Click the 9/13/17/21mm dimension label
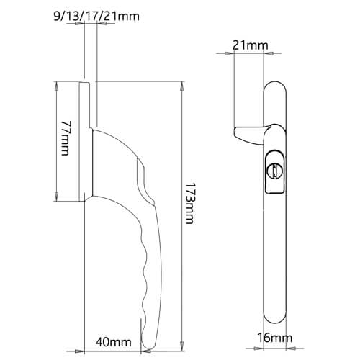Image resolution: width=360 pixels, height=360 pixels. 96,17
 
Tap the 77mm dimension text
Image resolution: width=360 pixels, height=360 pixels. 66,138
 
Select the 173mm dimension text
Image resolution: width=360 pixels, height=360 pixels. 189,203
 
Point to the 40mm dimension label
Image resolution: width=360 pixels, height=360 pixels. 114,342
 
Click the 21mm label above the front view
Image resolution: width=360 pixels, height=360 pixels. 251,45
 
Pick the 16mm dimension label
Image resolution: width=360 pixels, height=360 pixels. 275,338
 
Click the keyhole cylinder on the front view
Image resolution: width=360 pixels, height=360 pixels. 275,171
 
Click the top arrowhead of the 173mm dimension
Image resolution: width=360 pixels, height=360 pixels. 182,86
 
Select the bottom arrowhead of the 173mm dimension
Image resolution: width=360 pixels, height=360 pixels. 182,347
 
